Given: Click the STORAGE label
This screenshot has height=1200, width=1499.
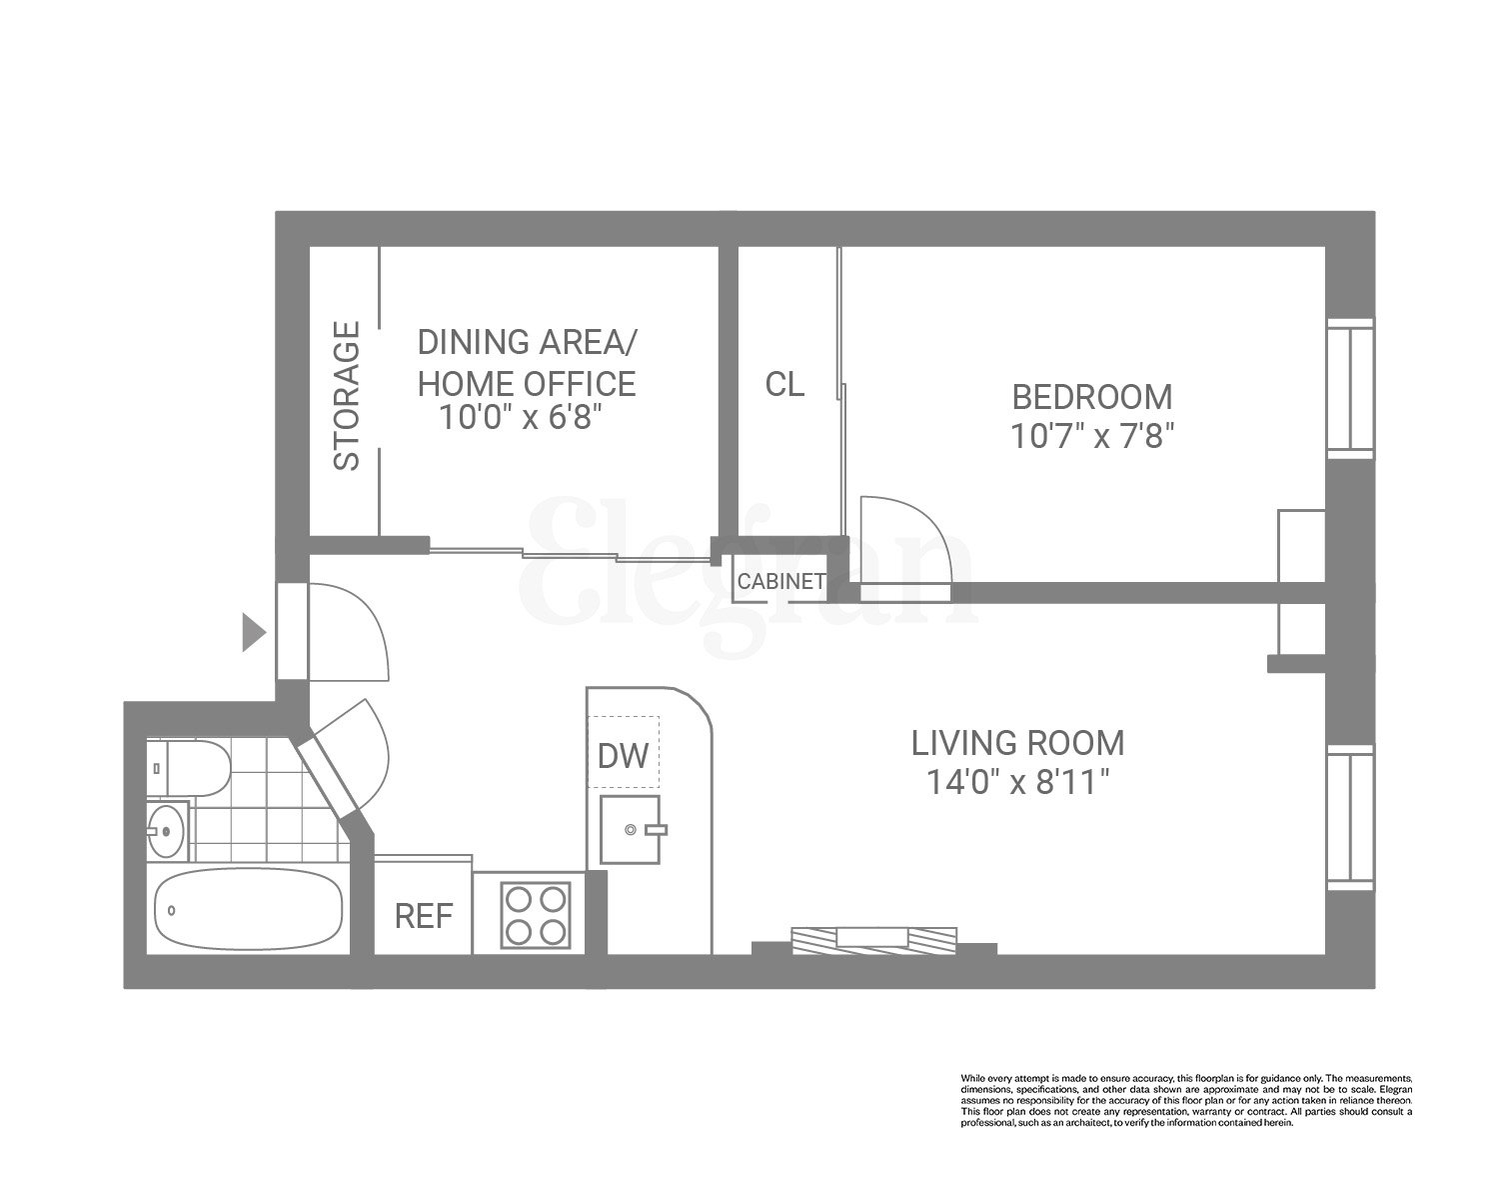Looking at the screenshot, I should pyautogui.click(x=346, y=396).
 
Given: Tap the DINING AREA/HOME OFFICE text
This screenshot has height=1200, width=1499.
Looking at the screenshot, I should pyautogui.click(x=526, y=362).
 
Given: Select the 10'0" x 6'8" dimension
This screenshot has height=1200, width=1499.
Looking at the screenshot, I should pyautogui.click(x=524, y=417).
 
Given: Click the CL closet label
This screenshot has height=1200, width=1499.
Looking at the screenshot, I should pyautogui.click(x=784, y=384).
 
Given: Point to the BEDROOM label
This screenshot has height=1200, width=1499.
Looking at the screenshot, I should pyautogui.click(x=1091, y=397).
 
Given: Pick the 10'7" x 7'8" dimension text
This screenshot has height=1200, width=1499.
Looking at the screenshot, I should pyautogui.click(x=1091, y=437).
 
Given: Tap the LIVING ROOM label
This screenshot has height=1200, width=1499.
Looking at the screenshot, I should pyautogui.click(x=1017, y=743).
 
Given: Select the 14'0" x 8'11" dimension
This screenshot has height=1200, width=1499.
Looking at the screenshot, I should pyautogui.click(x=1017, y=782).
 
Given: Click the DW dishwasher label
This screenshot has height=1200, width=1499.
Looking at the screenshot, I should pyautogui.click(x=623, y=756).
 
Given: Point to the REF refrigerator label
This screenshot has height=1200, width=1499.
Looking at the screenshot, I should pyautogui.click(x=424, y=916).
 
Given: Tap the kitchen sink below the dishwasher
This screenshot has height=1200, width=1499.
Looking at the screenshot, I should pyautogui.click(x=630, y=829).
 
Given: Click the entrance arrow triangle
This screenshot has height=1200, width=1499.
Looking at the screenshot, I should pyautogui.click(x=254, y=633).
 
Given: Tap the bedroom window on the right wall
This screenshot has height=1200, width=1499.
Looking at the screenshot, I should pyautogui.click(x=1349, y=388).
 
